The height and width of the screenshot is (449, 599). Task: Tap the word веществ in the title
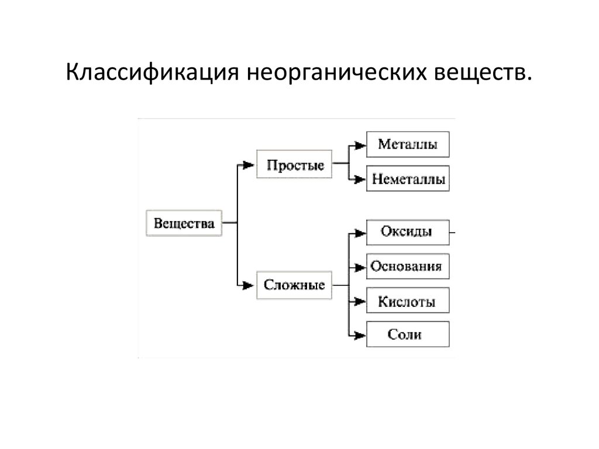coord(481,75)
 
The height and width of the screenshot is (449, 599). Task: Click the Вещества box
coord(184,223)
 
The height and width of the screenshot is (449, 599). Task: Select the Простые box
coord(295,165)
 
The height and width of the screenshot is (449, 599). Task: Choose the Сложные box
coord(294,285)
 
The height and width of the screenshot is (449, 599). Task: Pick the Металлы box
coord(408,144)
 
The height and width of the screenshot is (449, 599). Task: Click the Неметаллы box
coord(408,179)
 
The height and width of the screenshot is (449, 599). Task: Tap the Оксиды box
coord(407,232)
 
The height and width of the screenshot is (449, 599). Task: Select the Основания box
coord(407,267)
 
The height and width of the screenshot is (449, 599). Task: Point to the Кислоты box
coord(407,302)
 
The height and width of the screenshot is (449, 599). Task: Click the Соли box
coord(407,335)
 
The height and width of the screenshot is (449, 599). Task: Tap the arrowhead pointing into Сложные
coord(249,285)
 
